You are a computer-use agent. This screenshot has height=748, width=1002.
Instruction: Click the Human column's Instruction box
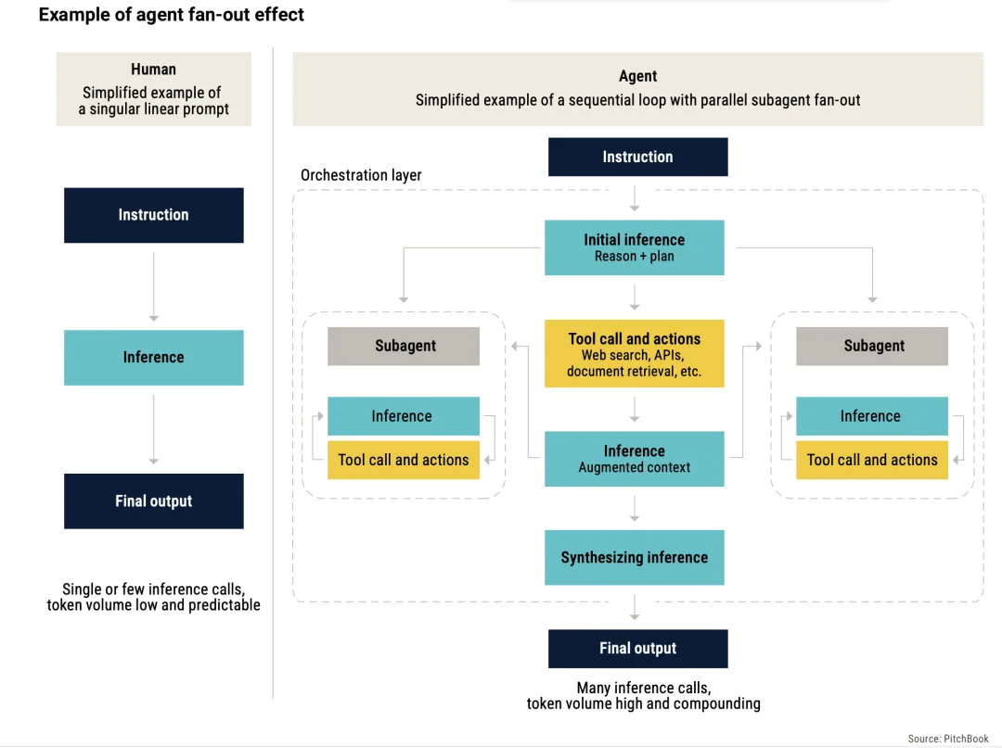pyautogui.click(x=153, y=215)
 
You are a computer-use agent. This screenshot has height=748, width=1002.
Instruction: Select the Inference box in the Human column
pyautogui.click(x=153, y=358)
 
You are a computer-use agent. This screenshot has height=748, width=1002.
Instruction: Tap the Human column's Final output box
pyautogui.click(x=153, y=501)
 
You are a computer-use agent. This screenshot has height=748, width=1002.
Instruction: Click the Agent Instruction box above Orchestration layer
pyautogui.click(x=637, y=157)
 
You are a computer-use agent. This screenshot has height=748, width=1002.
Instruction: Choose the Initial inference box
pyautogui.click(x=635, y=247)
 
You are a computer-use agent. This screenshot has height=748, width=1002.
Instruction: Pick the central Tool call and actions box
pyautogui.click(x=635, y=353)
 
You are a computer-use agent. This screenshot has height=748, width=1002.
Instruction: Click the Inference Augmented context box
pyautogui.click(x=635, y=459)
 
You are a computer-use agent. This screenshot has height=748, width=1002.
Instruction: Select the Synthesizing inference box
pyautogui.click(x=635, y=557)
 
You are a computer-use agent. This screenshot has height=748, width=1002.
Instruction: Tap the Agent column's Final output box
pyautogui.click(x=637, y=649)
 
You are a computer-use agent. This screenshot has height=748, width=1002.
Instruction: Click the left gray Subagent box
pyautogui.click(x=404, y=346)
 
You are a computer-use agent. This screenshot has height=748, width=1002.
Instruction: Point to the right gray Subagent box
pyautogui.click(x=872, y=346)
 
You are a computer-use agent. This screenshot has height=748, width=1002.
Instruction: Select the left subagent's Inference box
pyautogui.click(x=404, y=416)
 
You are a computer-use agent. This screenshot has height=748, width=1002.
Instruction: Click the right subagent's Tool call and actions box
pyautogui.click(x=872, y=460)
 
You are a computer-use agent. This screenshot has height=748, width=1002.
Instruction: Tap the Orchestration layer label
pyautogui.click(x=361, y=175)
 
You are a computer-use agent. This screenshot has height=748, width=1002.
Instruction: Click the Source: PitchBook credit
pyautogui.click(x=948, y=739)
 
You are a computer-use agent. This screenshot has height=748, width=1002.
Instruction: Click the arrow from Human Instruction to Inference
pyautogui.click(x=153, y=286)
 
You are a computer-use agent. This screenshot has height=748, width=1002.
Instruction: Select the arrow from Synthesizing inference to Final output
pyautogui.click(x=635, y=607)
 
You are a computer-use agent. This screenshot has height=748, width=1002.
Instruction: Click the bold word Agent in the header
pyautogui.click(x=637, y=76)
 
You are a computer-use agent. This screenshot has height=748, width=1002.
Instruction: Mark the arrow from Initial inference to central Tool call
pyautogui.click(x=635, y=298)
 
